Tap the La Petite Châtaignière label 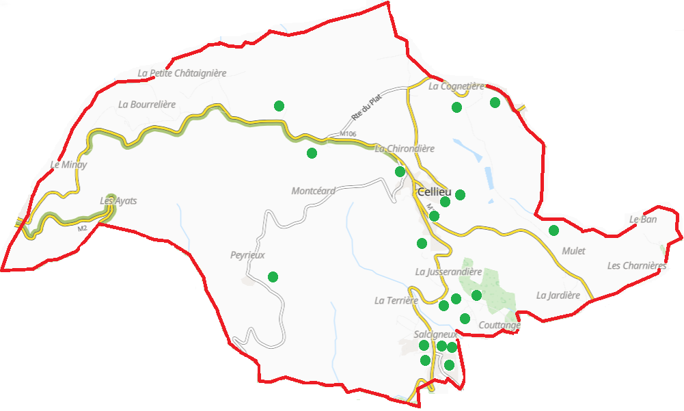point(182,73)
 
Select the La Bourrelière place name point(147,105)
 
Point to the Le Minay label point(69,165)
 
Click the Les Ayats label point(118,201)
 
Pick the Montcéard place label point(313,191)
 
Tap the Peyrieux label point(247,255)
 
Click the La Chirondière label point(405,148)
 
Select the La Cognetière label point(456,87)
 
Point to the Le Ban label point(643,220)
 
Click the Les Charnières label point(637,266)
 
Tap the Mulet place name point(573,251)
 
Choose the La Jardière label point(558,295)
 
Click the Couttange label point(500,326)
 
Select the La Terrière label point(396,300)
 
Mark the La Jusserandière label point(449,272)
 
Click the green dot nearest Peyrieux point(273,277)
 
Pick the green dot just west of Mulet point(553,230)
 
